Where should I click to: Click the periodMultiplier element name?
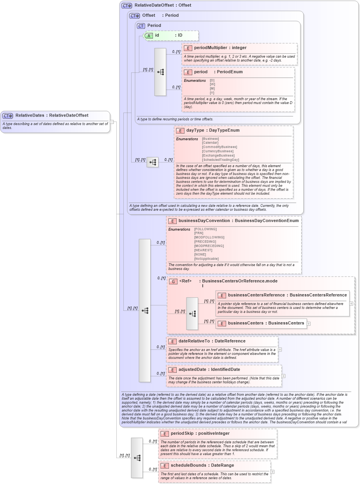point(210,48)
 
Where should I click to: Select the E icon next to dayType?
point(180,131)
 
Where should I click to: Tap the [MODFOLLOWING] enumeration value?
point(209,237)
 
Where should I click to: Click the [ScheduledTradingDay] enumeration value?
point(220,160)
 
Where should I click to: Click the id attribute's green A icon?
point(149,35)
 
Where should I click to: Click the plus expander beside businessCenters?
point(309,323)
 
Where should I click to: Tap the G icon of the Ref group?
point(173,281)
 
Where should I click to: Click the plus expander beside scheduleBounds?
point(272,472)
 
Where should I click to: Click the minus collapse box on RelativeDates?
point(112,122)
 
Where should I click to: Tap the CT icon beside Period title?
point(141,26)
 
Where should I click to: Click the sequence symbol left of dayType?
point(153,162)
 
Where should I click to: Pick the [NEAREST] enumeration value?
point(203,250)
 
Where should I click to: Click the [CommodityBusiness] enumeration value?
point(219,147)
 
